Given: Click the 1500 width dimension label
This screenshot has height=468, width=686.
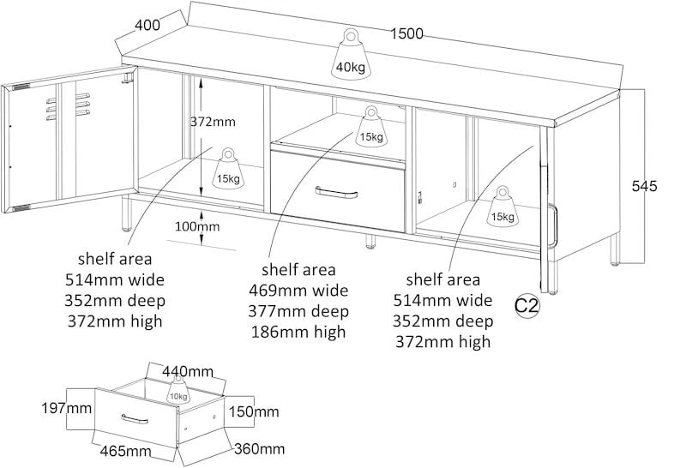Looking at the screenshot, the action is [406, 33].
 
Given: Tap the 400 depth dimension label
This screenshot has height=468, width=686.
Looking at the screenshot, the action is [147, 25].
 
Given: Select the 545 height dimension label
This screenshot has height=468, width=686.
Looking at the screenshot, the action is [644, 186].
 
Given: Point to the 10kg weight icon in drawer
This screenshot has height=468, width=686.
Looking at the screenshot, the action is [178, 391].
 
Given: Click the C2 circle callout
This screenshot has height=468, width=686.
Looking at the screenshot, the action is [527, 305].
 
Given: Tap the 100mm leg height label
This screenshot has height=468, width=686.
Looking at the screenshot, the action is [197, 226].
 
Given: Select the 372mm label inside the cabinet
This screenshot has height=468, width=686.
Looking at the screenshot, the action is [213, 122].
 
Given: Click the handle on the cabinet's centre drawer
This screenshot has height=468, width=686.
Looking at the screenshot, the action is [336, 192].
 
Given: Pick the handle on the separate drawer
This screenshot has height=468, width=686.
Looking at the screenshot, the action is [135, 419].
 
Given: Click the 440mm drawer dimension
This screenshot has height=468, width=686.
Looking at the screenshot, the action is [188, 372].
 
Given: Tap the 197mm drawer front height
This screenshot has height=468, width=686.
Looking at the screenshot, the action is [67, 409].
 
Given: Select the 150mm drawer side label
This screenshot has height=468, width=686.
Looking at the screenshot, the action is [254, 411].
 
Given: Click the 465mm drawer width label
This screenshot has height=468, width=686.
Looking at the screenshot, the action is [125, 451].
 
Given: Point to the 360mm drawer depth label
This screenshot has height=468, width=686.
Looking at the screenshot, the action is [260, 449].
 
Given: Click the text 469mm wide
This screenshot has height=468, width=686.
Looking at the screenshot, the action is [298, 290].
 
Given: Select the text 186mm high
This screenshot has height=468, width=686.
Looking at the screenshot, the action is [298, 332].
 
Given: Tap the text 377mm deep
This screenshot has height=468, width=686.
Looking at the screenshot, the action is [298, 311].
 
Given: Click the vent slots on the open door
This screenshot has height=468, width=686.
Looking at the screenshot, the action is [68, 105].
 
